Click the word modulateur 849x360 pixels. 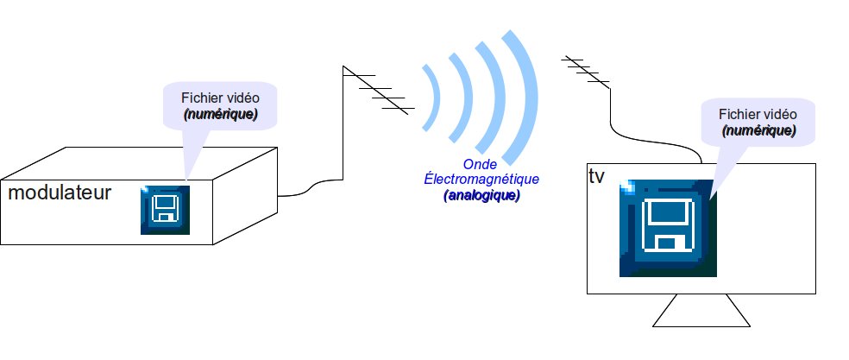pos(60,193)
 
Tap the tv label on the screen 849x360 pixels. pos(596,176)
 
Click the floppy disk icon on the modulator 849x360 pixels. pos(165,210)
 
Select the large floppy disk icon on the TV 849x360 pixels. pos(668,229)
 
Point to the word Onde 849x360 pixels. pos(480,164)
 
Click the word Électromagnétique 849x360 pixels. pos(481,180)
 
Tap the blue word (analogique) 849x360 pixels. pos(481,196)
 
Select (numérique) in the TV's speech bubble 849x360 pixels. pos(758,130)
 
